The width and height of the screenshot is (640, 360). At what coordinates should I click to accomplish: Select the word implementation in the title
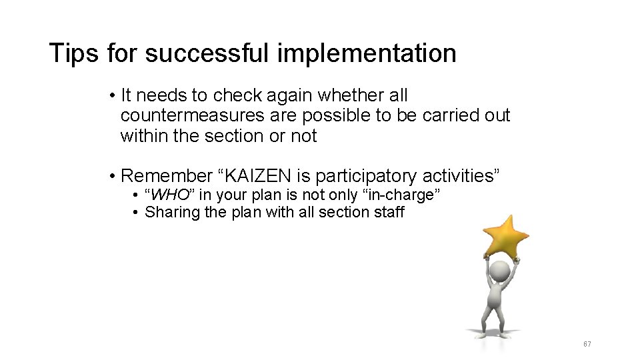pos(366,53)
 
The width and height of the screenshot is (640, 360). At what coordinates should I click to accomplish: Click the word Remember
pos(165,176)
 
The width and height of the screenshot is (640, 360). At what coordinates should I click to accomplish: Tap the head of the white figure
pos(499,271)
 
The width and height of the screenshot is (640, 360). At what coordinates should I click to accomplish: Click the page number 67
pos(587,344)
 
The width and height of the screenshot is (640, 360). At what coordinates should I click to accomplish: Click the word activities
pos(461,176)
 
